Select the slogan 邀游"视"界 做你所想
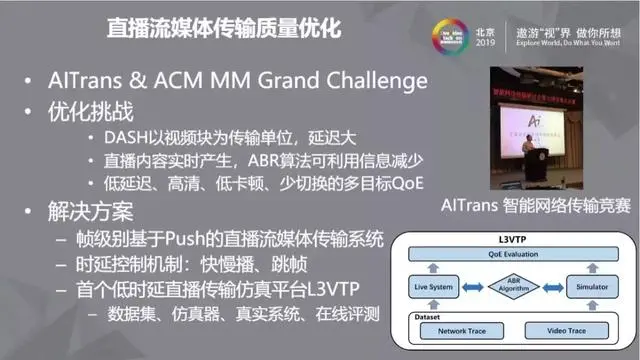coord(571,24)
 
